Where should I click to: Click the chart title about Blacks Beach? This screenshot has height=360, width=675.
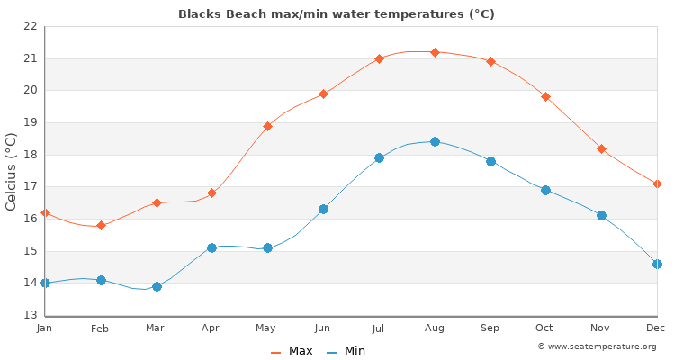[337, 14]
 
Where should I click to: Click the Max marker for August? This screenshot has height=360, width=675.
[435, 52]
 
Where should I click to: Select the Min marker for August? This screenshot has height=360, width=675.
[435, 141]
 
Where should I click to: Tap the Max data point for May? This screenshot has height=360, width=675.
[267, 126]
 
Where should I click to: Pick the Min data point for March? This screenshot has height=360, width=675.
[157, 286]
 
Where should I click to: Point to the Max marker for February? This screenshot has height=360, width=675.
[101, 225]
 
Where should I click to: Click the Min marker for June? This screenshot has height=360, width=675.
[323, 209]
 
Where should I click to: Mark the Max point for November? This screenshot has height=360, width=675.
[601, 148]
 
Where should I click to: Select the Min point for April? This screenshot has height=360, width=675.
[211, 247]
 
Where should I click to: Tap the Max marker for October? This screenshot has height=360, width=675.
[545, 96]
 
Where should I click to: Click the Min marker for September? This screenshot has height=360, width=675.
[490, 161]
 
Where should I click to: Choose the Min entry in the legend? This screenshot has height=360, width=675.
[346, 351]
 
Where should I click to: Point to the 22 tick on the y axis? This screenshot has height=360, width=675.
[30, 26]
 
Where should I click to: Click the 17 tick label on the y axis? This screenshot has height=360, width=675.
[30, 186]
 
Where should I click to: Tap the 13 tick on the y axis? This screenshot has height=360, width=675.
[30, 315]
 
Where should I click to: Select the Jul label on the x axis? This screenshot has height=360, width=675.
[379, 328]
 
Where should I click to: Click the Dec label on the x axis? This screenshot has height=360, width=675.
[655, 328]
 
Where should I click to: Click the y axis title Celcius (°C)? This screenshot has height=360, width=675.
[12, 171]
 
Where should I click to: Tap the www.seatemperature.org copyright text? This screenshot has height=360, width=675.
[597, 346]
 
